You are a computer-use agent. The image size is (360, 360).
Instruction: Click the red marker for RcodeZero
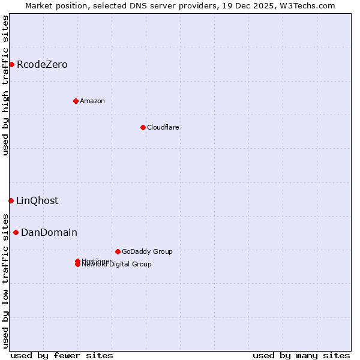pos(11,64)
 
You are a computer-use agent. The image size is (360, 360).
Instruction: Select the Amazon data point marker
pos(76,101)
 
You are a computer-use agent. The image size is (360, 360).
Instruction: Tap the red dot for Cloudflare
pos(143,127)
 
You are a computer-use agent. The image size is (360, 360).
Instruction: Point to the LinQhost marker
pos(11,200)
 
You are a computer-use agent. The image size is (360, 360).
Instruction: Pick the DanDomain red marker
pos(16,232)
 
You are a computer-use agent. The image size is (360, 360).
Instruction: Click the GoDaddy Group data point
pos(118,251)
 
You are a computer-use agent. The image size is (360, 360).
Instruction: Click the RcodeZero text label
pos(42,64)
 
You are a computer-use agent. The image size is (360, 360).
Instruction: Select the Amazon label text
pos(92,101)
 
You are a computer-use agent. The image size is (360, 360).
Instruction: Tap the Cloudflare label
pos(163,127)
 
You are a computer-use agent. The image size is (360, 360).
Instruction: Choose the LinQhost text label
pos(37,200)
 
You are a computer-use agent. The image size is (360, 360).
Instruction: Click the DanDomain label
pos(49,232)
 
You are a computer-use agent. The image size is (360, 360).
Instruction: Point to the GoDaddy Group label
pos(147,251)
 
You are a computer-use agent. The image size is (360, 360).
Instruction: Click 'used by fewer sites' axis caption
pos(62,355)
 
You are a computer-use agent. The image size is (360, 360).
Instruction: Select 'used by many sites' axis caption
pos(301,355)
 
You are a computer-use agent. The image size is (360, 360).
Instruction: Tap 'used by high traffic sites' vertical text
pos(5,85)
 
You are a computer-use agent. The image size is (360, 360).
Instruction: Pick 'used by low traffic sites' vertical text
pos(5,280)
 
